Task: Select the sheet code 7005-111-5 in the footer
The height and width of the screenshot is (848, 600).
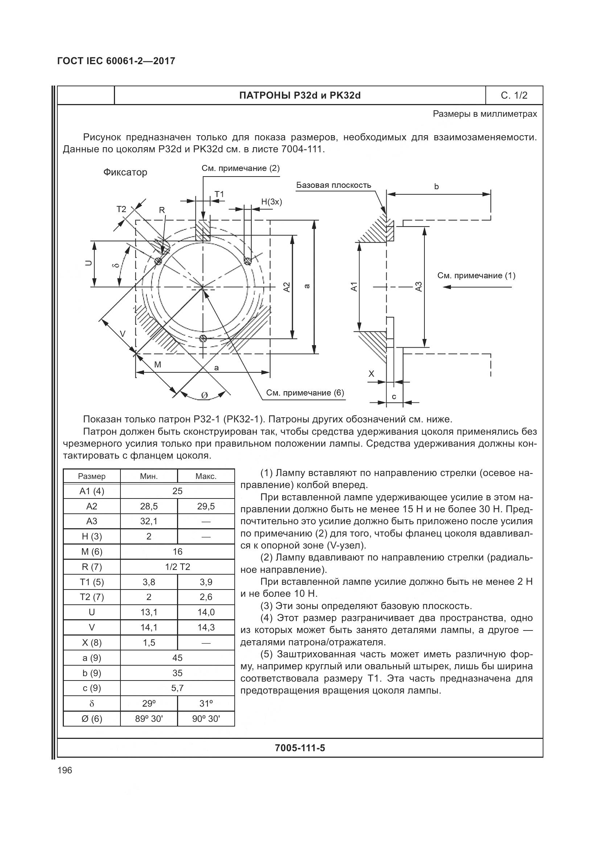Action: [x=300, y=748]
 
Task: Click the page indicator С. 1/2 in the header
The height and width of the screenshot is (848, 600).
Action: [x=514, y=96]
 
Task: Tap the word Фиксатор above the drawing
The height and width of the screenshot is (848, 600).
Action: [x=125, y=173]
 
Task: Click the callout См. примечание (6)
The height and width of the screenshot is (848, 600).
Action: [x=305, y=393]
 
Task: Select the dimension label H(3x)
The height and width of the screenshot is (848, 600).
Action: [x=272, y=202]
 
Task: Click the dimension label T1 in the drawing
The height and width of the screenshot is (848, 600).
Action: [x=219, y=194]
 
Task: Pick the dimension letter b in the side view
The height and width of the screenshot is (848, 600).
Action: [x=436, y=187]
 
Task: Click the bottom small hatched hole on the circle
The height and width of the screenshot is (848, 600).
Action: [x=202, y=339]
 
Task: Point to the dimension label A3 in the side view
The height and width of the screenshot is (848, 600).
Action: [x=418, y=287]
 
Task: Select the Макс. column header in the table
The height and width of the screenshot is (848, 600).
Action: [x=206, y=476]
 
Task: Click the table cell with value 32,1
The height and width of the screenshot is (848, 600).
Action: [x=148, y=521]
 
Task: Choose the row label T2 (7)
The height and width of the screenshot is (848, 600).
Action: [x=92, y=597]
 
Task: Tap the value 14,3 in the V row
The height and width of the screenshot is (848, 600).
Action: [x=206, y=627]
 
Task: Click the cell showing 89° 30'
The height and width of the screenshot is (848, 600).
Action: [x=148, y=718]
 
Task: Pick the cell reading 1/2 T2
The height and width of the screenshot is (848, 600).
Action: [x=177, y=567]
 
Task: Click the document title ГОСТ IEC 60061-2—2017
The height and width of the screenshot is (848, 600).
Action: [x=116, y=61]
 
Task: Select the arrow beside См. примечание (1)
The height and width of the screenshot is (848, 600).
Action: [x=477, y=287]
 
